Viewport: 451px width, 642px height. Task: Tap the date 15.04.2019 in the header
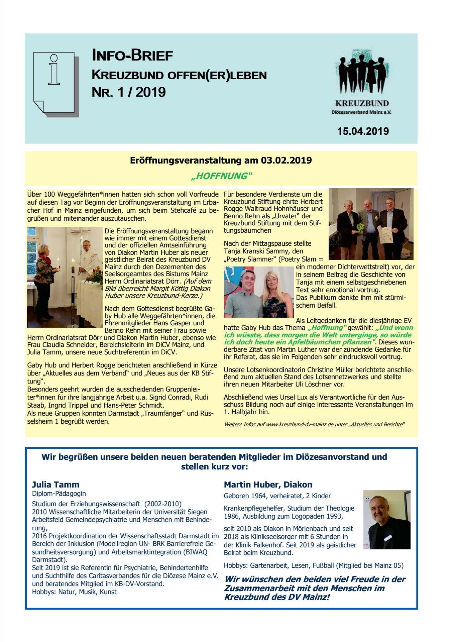click(x=363, y=131)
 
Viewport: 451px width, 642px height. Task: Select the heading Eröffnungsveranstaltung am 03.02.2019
click(x=221, y=160)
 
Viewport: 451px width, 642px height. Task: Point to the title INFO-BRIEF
click(x=132, y=56)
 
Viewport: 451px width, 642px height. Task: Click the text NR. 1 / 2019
click(x=129, y=92)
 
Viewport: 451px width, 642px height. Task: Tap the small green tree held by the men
click(x=360, y=228)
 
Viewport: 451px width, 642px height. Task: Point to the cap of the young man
click(x=246, y=273)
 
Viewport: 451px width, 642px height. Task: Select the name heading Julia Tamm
click(x=55, y=485)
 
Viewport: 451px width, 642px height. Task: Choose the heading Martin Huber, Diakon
click(x=268, y=485)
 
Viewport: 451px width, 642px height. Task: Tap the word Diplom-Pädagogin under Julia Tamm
click(x=59, y=494)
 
